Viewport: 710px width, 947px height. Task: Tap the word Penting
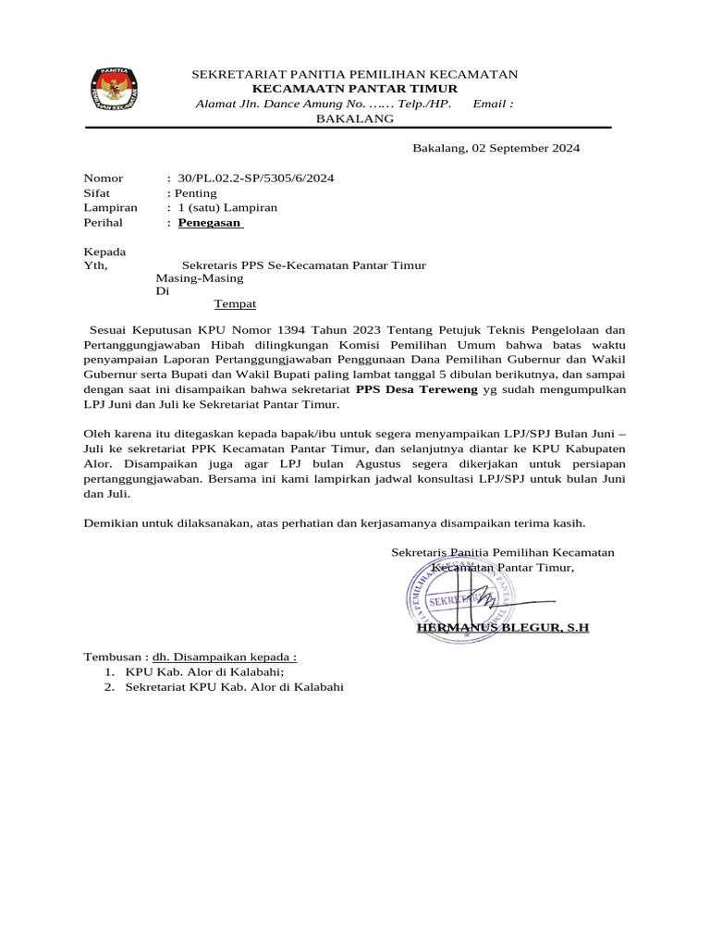195,193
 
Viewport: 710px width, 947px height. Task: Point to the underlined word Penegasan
210,223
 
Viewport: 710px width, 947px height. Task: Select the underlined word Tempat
235,303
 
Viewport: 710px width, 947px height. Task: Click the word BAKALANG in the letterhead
355,118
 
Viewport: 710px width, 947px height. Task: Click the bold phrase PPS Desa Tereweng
417,390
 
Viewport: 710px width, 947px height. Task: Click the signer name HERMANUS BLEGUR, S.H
503,628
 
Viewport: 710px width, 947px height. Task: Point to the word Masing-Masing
199,277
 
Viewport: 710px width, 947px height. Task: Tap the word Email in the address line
489,104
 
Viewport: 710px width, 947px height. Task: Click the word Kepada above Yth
105,252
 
